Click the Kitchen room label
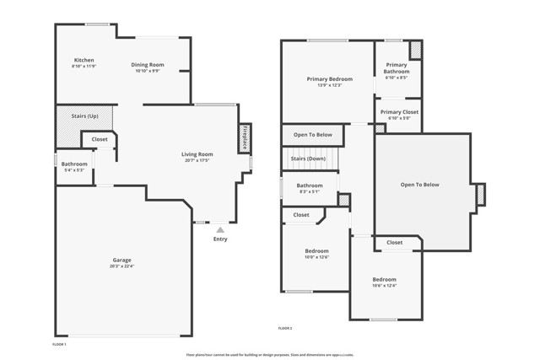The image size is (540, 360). pyautogui.click(x=84, y=60)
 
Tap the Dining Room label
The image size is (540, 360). pyautogui.click(x=147, y=65)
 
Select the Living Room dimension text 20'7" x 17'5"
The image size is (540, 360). pyautogui.click(x=197, y=160)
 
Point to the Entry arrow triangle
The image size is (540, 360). pyautogui.click(x=220, y=228)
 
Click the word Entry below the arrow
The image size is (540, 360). pyautogui.click(x=220, y=239)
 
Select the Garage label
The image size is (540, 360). pyautogui.click(x=122, y=260)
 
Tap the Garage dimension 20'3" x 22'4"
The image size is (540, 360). pyautogui.click(x=122, y=266)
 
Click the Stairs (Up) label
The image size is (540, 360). pyautogui.click(x=84, y=116)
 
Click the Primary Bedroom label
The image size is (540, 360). pyautogui.click(x=329, y=78)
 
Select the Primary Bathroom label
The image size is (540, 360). pyautogui.click(x=397, y=68)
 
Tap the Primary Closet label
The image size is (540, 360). pyautogui.click(x=399, y=112)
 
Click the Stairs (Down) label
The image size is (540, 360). pyautogui.click(x=308, y=159)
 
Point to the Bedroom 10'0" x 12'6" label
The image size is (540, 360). pyautogui.click(x=316, y=251)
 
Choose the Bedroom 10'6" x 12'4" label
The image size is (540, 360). pyautogui.click(x=384, y=279)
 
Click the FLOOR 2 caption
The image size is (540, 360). pyautogui.click(x=285, y=328)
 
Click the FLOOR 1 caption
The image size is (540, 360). pyautogui.click(x=59, y=344)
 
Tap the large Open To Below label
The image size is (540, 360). pyautogui.click(x=419, y=185)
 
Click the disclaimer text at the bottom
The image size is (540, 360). pyautogui.click(x=270, y=355)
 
